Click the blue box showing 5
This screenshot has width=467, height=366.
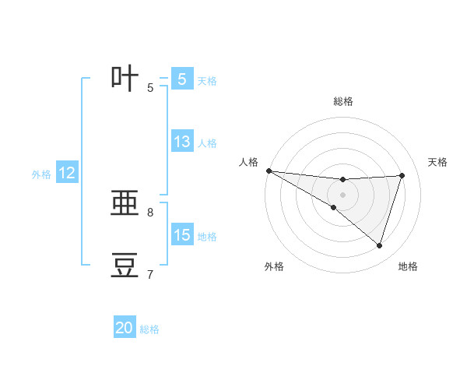(181, 79)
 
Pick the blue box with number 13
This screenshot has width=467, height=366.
(181, 142)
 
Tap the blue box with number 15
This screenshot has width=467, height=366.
(181, 235)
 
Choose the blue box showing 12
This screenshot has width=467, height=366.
(67, 174)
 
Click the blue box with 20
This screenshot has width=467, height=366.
(125, 328)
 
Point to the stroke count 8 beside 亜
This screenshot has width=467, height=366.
(150, 212)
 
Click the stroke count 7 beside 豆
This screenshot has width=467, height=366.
(150, 274)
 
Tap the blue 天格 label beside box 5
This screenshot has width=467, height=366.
(207, 80)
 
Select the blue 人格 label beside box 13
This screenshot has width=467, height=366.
(207, 143)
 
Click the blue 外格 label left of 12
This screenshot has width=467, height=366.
(41, 175)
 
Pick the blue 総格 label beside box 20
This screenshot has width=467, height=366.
(149, 329)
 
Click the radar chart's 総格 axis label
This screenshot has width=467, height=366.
(342, 101)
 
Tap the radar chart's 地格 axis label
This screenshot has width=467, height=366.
(408, 266)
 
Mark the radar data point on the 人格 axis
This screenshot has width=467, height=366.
(269, 171)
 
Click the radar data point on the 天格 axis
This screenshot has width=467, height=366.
(402, 175)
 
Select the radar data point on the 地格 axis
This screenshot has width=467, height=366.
(380, 246)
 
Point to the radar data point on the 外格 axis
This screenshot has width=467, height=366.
(334, 208)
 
